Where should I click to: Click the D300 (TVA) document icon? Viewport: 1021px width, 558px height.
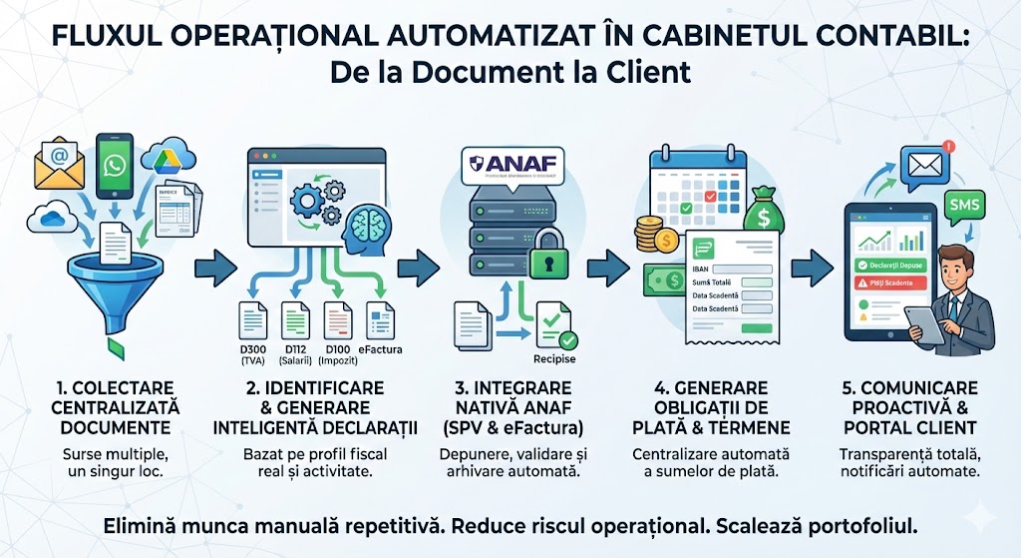253,319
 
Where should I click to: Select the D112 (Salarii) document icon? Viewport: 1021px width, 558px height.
295,319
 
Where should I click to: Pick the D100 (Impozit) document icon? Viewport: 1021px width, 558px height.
337,319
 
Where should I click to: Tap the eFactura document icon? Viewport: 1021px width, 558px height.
380,319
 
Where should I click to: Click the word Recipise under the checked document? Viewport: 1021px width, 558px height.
555,358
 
